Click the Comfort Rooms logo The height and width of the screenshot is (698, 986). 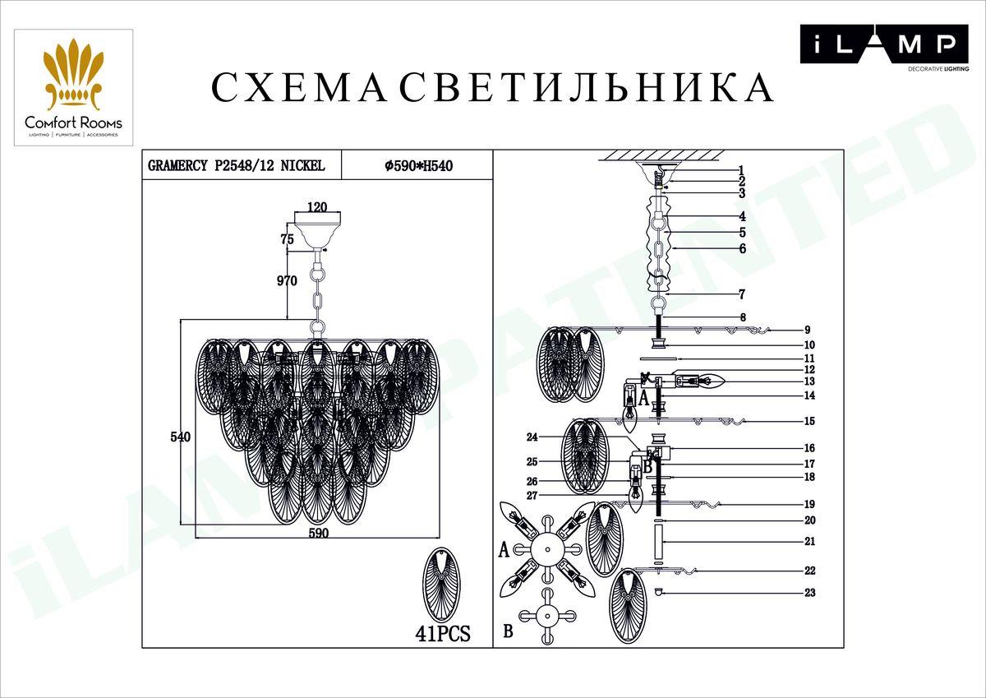pos(73,88)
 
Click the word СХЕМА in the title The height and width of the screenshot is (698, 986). pos(297,88)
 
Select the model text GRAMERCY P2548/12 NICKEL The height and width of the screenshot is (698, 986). pos(236,165)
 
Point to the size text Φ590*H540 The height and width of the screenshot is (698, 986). pos(419,165)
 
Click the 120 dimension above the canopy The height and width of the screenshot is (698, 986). pos(317,208)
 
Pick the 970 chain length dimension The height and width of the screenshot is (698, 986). pos(286,281)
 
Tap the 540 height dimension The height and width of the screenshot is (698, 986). pos(180,437)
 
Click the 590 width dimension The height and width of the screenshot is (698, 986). pos(319,533)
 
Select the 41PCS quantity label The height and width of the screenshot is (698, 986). pos(444,634)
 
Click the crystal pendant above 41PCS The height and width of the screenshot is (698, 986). pos(444,586)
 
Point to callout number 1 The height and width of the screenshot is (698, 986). pos(741,171)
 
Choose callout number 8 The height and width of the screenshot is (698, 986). pos(742,317)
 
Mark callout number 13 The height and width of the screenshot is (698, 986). pos(809,381)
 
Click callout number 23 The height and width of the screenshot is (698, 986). pos(809,593)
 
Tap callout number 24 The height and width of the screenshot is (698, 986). pos(532,437)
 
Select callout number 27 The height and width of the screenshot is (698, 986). pos(532,496)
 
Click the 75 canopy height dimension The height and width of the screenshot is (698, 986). pos(287,240)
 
